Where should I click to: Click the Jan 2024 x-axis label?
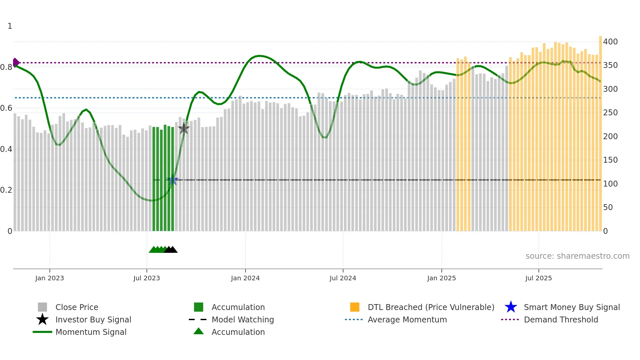[245, 278]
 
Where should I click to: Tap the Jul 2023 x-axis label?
[147, 278]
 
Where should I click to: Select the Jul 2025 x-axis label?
[538, 278]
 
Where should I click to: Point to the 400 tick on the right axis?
[610, 42]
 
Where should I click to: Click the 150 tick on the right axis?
[610, 160]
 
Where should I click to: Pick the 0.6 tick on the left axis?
[6, 108]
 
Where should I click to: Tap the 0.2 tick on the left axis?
[6, 190]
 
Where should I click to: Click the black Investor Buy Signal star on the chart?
[184, 128]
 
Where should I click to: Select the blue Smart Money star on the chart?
[173, 180]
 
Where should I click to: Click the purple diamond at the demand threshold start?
[16, 62]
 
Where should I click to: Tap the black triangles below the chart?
[171, 250]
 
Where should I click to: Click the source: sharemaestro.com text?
[577, 256]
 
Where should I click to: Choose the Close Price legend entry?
[77, 307]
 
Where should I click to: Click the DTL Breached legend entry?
[431, 307]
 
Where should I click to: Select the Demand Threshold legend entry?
[561, 319]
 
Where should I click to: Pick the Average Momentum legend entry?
[407, 319]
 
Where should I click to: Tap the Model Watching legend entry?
[242, 319]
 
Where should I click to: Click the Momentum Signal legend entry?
[91, 332]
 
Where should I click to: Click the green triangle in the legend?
[199, 331]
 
